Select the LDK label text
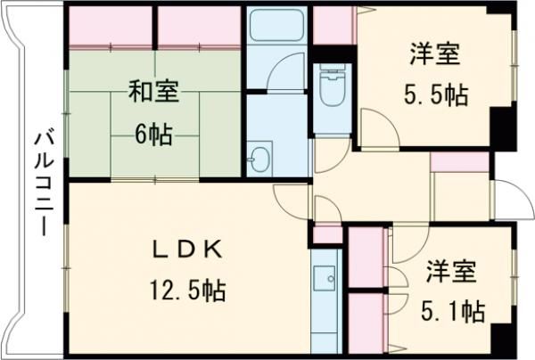click(185, 251)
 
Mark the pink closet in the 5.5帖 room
click(333, 26)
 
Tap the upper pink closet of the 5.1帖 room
click(364, 258)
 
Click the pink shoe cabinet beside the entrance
click(459, 161)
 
